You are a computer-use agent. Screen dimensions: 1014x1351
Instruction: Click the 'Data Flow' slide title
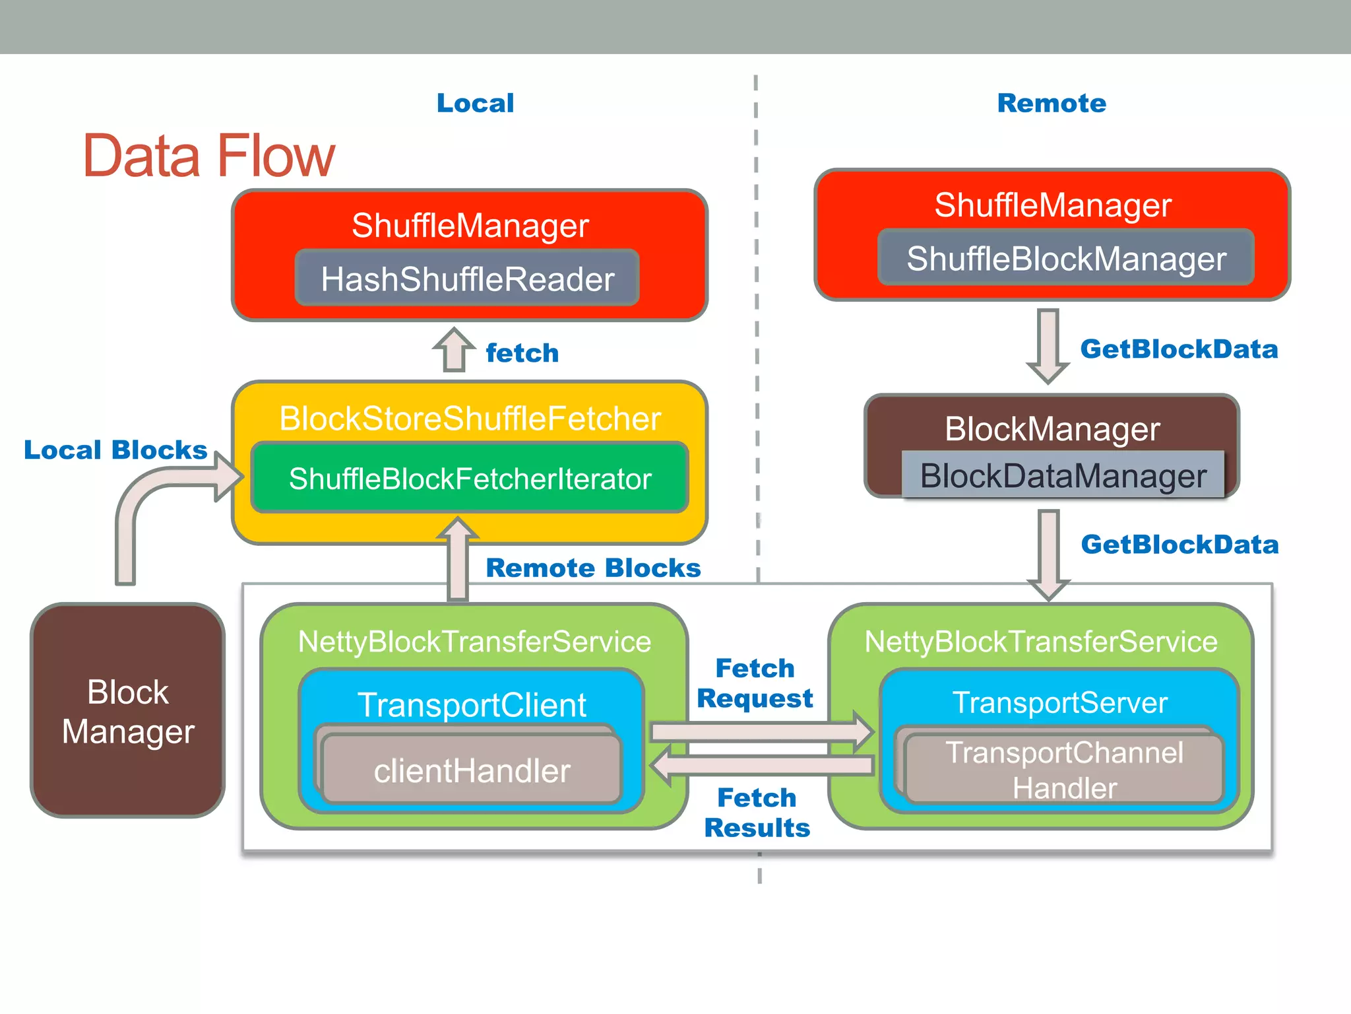pyautogui.click(x=208, y=156)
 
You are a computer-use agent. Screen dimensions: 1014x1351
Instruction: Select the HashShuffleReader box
pyautogui.click(x=467, y=279)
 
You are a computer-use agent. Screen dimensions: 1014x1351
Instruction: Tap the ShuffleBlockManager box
pyautogui.click(x=1065, y=258)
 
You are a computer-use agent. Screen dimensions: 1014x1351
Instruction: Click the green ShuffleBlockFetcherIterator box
pyautogui.click(x=470, y=479)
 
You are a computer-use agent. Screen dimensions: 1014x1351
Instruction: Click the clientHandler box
pyautogui.click(x=472, y=770)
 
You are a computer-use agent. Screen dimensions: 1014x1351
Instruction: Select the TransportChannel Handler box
pyautogui.click(x=1064, y=770)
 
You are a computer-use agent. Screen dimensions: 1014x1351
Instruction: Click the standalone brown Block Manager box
pyautogui.click(x=128, y=711)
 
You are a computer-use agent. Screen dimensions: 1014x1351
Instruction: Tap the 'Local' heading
pyautogui.click(x=475, y=103)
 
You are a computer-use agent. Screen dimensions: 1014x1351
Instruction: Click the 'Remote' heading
pyautogui.click(x=1052, y=103)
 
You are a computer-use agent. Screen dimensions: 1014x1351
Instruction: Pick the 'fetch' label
pyautogui.click(x=522, y=353)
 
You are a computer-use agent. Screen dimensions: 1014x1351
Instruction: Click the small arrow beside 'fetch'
pyautogui.click(x=454, y=350)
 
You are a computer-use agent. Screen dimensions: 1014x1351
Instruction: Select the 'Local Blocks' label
pyautogui.click(x=115, y=450)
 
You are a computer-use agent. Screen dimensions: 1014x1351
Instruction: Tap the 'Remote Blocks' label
pyautogui.click(x=593, y=568)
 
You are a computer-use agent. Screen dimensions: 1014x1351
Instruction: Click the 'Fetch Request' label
pyautogui.click(x=755, y=683)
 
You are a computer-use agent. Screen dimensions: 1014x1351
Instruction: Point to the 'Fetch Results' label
pyautogui.click(x=757, y=813)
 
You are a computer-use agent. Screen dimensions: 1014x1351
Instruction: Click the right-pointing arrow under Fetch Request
pyautogui.click(x=759, y=731)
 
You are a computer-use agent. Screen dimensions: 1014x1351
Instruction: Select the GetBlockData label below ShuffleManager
pyautogui.click(x=1179, y=349)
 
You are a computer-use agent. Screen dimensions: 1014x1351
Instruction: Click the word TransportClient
pyautogui.click(x=472, y=704)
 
